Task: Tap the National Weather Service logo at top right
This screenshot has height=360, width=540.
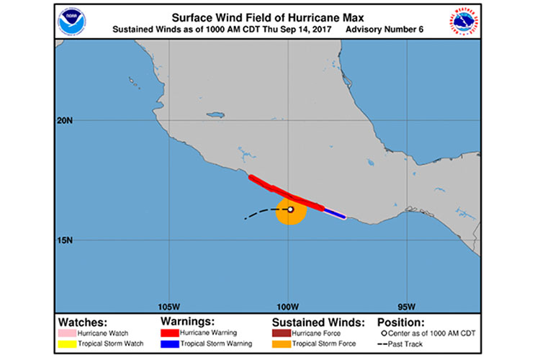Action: (x=466, y=21)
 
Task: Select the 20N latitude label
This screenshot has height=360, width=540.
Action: (x=65, y=120)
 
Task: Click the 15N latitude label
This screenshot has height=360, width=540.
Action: (x=65, y=240)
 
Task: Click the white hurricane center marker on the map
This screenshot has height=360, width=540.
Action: (x=290, y=210)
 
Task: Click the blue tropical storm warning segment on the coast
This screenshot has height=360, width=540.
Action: (x=335, y=213)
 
